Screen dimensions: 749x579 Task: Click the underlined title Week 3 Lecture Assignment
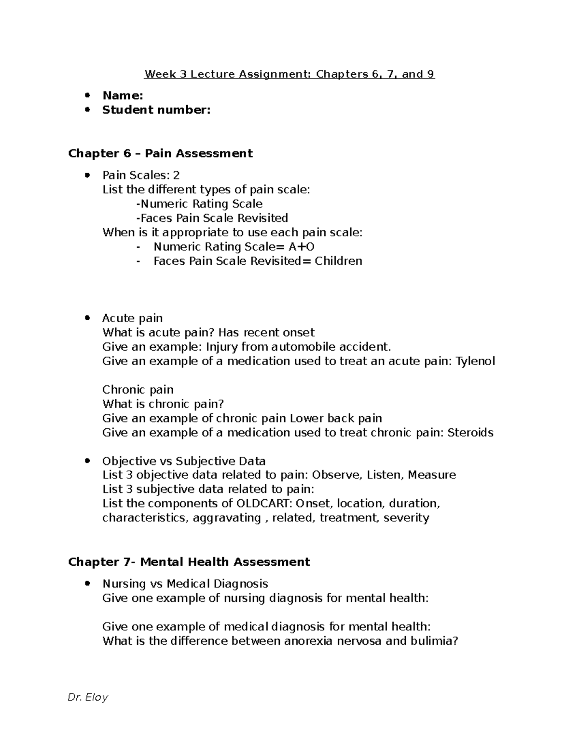click(289, 74)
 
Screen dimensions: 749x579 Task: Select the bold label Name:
click(123, 95)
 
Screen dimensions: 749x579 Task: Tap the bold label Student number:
click(156, 110)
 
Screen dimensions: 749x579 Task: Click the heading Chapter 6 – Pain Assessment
click(160, 153)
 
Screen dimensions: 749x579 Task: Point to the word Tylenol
click(475, 361)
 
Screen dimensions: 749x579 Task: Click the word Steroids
click(470, 433)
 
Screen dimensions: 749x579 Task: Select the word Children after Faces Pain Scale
click(338, 261)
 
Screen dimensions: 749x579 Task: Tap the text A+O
click(302, 247)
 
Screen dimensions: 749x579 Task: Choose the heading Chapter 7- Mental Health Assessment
click(189, 562)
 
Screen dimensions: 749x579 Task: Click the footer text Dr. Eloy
click(88, 697)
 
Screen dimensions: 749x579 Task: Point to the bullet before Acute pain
click(87, 318)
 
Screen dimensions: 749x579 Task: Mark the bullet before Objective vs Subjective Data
click(87, 461)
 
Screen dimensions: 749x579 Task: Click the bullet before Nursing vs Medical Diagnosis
click(87, 584)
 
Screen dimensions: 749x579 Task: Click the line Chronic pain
click(138, 390)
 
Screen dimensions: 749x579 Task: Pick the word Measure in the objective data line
click(432, 475)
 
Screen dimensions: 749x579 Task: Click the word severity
click(406, 518)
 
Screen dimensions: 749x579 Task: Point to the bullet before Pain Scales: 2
click(87, 175)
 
